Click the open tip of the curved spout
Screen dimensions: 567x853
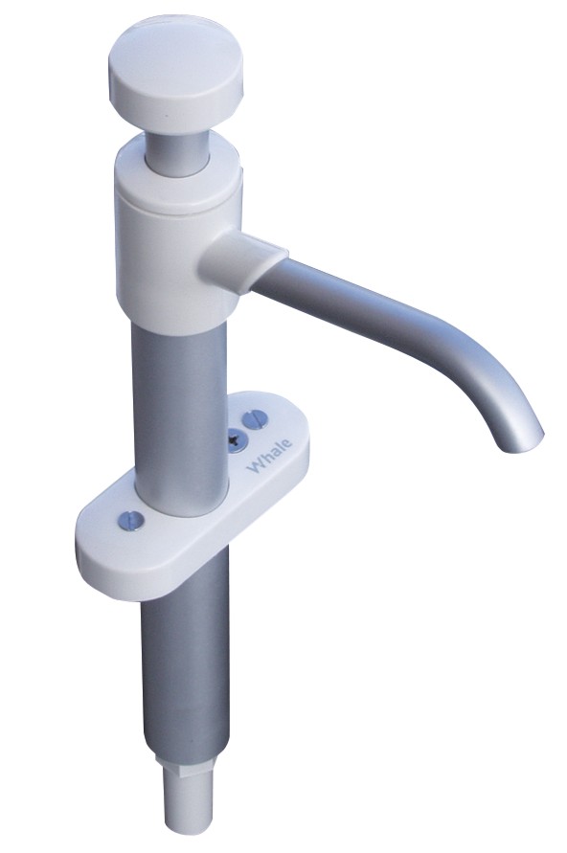(x=522, y=441)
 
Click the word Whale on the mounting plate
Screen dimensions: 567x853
(x=269, y=456)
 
